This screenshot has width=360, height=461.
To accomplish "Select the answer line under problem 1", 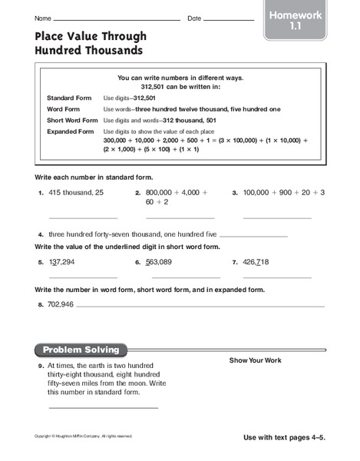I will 83,218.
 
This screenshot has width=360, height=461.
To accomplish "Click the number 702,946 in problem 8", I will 61,305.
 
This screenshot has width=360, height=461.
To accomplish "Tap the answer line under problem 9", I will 103,407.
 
